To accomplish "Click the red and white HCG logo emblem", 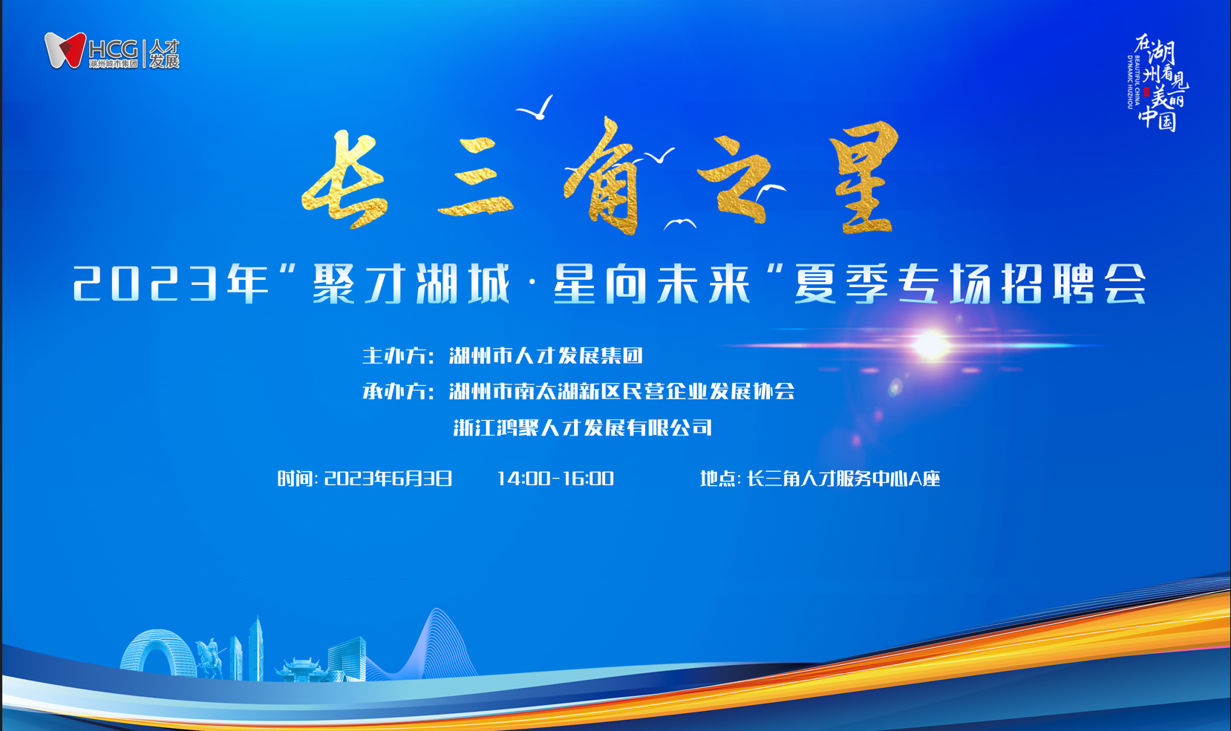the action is (x=65, y=50).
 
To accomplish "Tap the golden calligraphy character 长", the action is (x=345, y=179).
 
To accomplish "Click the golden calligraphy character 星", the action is (x=864, y=177).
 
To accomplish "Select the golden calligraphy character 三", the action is (x=477, y=177).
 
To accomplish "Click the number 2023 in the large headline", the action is (x=146, y=283).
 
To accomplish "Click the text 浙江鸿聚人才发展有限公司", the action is (x=583, y=427).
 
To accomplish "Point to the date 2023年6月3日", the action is (x=388, y=479).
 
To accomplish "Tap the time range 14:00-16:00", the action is (x=555, y=479).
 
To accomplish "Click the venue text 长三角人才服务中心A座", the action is (x=843, y=479).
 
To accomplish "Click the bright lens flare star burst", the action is (x=931, y=345).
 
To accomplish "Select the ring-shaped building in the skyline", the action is (x=158, y=655).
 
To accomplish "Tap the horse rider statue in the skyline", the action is (x=210, y=658).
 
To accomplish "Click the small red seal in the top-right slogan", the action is (x=1146, y=92).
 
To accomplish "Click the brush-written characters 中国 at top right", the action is (x=1157, y=117).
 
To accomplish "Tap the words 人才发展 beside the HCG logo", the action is (x=165, y=54).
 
